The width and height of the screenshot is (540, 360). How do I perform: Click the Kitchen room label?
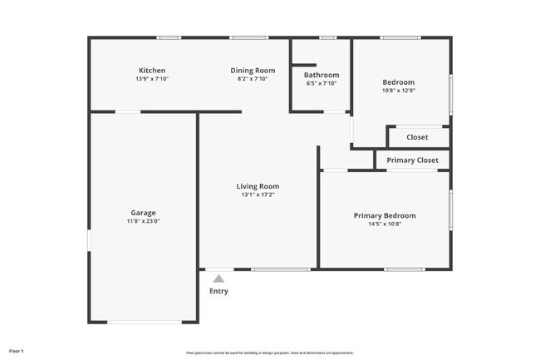pyautogui.click(x=152, y=71)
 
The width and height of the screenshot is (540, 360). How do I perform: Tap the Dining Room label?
pyautogui.click(x=253, y=71)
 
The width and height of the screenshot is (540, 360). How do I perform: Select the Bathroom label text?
pyautogui.click(x=321, y=75)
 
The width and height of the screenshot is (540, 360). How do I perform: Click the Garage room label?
pyautogui.click(x=143, y=213)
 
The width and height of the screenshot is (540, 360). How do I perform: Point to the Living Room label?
pyautogui.click(x=258, y=186)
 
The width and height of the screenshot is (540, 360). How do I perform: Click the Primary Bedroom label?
pyautogui.click(x=385, y=215)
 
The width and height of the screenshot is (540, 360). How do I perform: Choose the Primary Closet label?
pyautogui.click(x=412, y=160)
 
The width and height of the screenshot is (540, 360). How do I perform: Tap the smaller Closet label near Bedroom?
pyautogui.click(x=417, y=137)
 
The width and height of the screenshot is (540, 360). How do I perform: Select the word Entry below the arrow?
pyautogui.click(x=218, y=292)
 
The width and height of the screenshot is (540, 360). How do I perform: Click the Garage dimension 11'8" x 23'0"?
pyautogui.click(x=143, y=222)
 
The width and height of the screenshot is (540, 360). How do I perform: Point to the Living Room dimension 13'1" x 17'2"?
pyautogui.click(x=258, y=195)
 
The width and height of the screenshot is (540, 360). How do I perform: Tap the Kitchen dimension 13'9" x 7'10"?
pyautogui.click(x=152, y=80)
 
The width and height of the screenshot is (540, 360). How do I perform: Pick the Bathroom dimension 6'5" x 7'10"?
pyautogui.click(x=321, y=84)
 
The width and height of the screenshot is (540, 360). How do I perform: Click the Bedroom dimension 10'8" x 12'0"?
pyautogui.click(x=398, y=91)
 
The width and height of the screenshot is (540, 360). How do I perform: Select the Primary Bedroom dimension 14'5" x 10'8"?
pyautogui.click(x=385, y=224)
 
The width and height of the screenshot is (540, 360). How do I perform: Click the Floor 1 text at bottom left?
pyautogui.click(x=17, y=351)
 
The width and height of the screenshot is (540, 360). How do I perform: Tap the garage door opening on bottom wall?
pyautogui.click(x=143, y=323)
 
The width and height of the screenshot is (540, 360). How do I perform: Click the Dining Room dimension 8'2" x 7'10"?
pyautogui.click(x=253, y=80)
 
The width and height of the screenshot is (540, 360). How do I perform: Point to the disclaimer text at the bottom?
pyautogui.click(x=270, y=353)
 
